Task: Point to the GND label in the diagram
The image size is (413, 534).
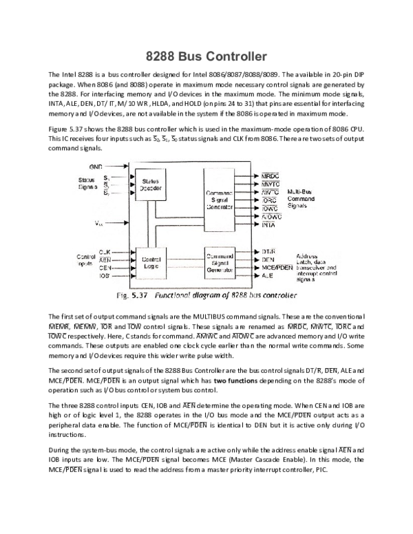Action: point(96,167)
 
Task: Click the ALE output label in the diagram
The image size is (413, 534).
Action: point(267,275)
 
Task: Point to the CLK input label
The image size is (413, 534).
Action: point(105,252)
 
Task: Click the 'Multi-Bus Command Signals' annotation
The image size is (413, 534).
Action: point(301,198)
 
